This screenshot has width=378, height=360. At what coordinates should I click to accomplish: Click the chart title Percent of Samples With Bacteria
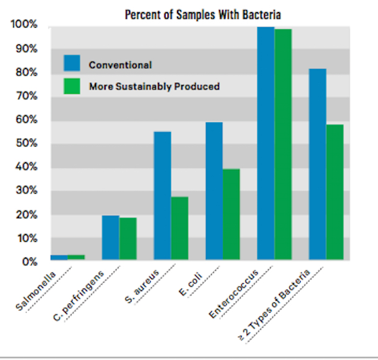click(x=202, y=14)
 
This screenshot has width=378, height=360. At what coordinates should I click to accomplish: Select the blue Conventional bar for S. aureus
click(x=162, y=196)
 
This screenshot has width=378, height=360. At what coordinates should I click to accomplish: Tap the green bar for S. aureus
click(x=179, y=228)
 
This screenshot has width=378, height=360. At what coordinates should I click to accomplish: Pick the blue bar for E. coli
click(x=214, y=191)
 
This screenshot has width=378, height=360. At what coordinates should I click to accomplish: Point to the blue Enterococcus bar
click(x=266, y=143)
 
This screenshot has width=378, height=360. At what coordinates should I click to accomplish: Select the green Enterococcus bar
click(x=283, y=145)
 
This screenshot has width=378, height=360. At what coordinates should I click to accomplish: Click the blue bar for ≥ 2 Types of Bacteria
click(x=317, y=164)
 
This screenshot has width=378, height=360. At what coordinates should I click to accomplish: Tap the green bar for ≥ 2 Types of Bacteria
click(x=335, y=192)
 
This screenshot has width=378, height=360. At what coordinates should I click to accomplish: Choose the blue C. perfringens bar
click(x=110, y=238)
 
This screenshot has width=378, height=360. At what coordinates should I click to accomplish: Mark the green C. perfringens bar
click(x=128, y=239)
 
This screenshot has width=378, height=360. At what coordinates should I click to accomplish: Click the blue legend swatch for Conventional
click(x=72, y=63)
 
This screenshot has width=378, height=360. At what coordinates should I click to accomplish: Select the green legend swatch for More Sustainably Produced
click(x=72, y=86)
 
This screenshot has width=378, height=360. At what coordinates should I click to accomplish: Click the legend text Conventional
click(x=120, y=65)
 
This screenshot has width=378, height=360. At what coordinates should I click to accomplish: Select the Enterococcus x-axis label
click(x=233, y=294)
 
